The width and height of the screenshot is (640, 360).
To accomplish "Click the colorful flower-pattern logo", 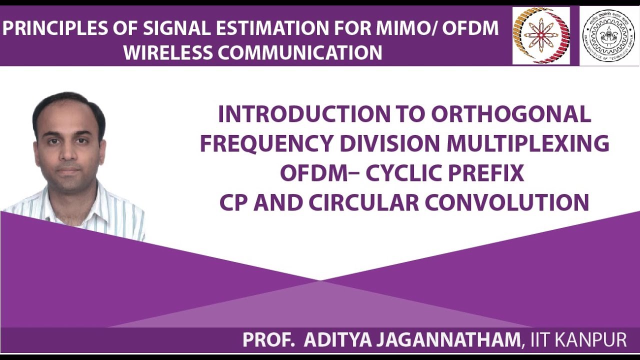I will click(540, 35).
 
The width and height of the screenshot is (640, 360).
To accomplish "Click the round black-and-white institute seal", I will click(608, 35).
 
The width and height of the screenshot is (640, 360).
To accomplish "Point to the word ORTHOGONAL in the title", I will click(510, 114).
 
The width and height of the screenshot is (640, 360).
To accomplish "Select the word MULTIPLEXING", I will click(527, 143).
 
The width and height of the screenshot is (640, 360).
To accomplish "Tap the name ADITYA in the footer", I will click(337, 340).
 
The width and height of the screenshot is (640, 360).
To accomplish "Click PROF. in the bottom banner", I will click(268, 340).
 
